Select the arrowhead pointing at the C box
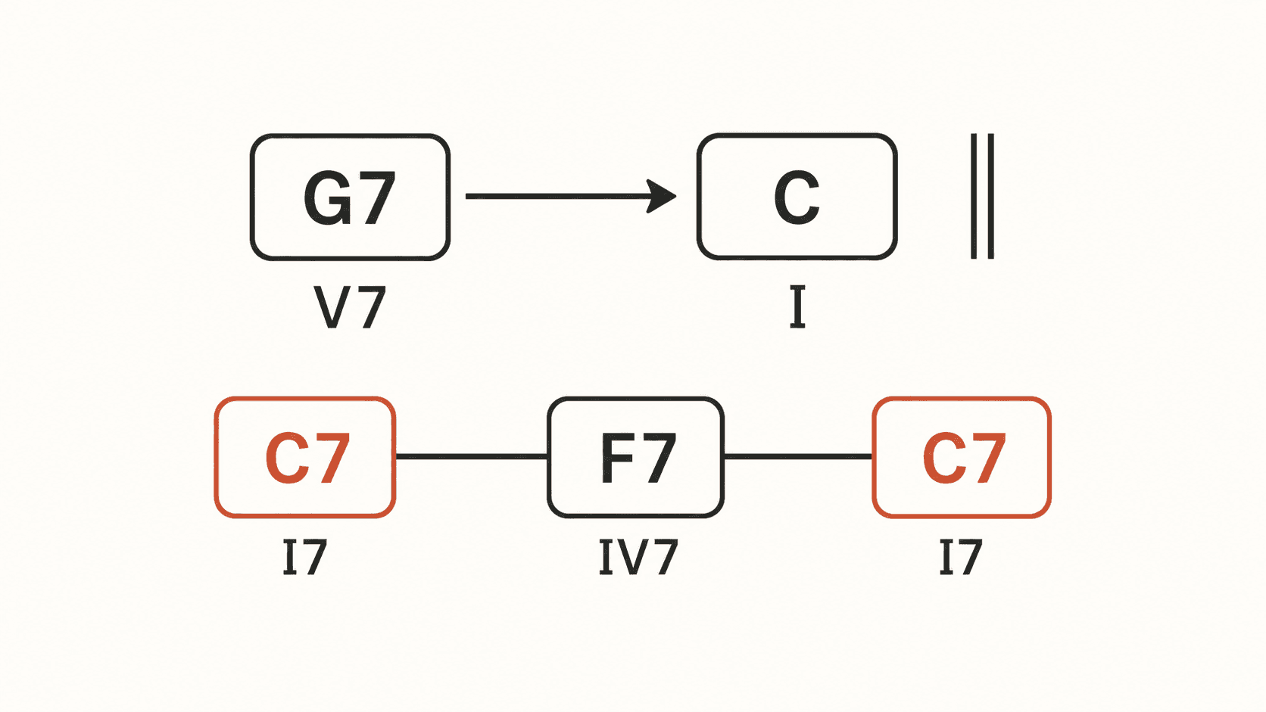click(661, 197)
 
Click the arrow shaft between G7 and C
click(557, 197)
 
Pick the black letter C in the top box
click(797, 198)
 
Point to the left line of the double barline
click(974, 197)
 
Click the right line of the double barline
click(990, 197)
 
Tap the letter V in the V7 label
click(335, 307)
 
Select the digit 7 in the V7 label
click(373, 307)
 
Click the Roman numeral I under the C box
click(797, 307)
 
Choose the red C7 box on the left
click(305, 457)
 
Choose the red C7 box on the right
click(962, 457)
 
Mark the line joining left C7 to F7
click(472, 456)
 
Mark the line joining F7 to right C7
click(798, 456)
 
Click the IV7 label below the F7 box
click(638, 558)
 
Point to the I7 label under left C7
click(305, 558)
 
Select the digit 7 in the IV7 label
click(665, 558)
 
